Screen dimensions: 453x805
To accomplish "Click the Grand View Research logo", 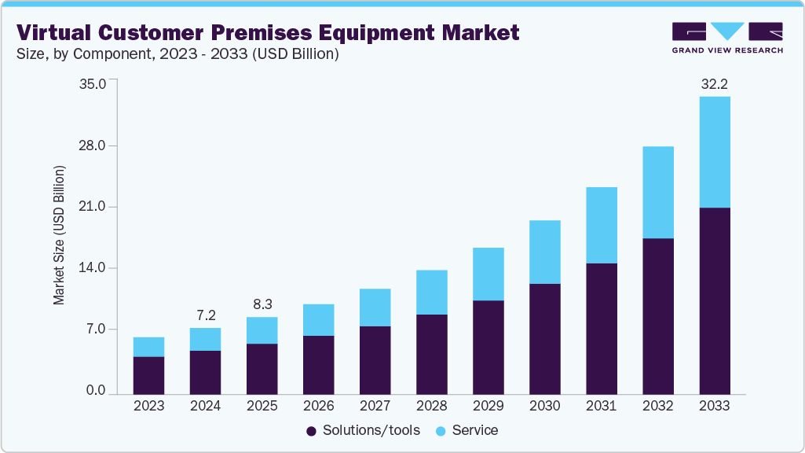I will [726, 37].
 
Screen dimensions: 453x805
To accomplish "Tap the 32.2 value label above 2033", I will [714, 84].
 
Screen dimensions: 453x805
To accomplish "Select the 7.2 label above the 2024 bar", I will [206, 315].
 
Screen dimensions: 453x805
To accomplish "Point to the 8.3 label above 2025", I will [262, 304].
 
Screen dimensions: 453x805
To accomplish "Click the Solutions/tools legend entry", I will [363, 430].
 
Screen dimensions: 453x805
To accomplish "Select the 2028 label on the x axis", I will [431, 407].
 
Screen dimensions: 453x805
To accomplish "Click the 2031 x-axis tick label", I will [601, 407].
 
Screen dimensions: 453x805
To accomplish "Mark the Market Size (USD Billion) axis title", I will [59, 236].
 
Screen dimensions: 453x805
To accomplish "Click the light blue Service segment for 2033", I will [714, 152].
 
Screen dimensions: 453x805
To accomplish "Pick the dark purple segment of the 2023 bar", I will [149, 375].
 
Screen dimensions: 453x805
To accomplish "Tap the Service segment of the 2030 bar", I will [544, 252].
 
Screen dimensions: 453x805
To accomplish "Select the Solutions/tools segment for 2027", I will [375, 359].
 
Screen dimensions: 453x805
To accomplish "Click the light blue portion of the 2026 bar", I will [318, 319].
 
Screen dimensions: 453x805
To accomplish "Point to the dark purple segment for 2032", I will [657, 315].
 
